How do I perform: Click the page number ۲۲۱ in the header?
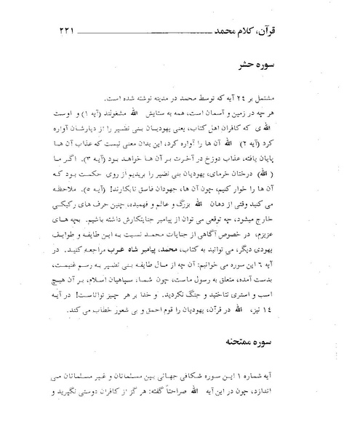point(58,33)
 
